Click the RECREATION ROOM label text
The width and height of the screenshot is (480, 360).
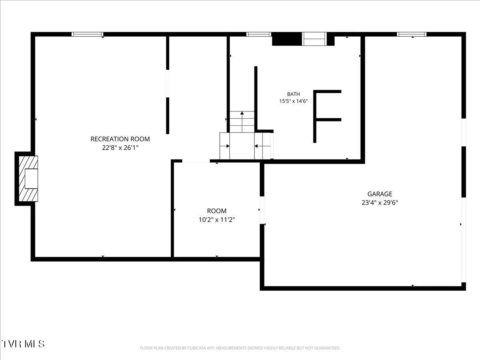point(120,139)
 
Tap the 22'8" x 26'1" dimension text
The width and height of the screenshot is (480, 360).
point(120,148)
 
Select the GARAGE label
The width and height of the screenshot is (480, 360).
point(380,194)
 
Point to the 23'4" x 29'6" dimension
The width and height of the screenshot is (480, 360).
point(380,203)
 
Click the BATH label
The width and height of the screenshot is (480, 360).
point(293,94)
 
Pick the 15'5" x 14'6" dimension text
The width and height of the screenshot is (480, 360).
point(293,101)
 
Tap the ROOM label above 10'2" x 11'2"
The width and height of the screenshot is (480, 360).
point(217,211)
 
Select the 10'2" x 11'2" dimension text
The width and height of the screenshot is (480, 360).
point(217,220)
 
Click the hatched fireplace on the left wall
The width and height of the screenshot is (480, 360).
point(28,179)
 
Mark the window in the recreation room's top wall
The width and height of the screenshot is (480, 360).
point(87,34)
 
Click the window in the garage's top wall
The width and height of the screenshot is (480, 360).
point(412,34)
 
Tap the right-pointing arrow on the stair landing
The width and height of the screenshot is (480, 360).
point(225,146)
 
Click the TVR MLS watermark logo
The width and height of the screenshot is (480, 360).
point(23,344)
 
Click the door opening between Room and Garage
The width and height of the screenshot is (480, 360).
point(262,210)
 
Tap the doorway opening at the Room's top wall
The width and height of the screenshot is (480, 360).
point(196,161)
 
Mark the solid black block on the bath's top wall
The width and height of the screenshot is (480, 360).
point(287,39)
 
